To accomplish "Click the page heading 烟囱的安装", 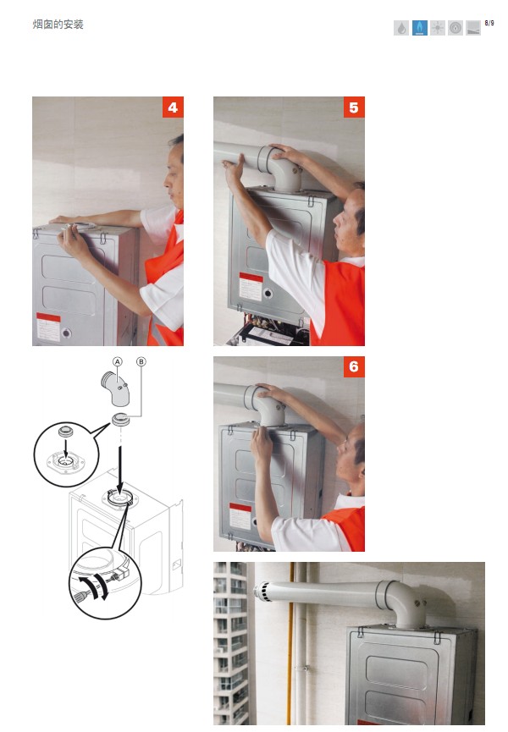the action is point(58,25).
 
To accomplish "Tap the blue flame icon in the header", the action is point(419,28).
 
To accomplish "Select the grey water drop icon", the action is point(401,28).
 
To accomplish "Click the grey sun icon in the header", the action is point(438,28).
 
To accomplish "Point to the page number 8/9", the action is point(489,23).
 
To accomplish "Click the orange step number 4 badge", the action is point(173,107).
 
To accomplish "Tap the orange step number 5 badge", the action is point(354,107).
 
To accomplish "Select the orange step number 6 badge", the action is point(354,367).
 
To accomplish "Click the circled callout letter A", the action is point(117,362).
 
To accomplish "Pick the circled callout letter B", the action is point(141,362).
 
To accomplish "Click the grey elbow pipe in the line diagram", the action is point(116,389).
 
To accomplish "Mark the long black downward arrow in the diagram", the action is point(120,471).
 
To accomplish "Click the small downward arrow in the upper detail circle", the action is point(66,449).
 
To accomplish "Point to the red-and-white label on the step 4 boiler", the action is point(48,327).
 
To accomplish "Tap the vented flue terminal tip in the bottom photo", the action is point(262,592).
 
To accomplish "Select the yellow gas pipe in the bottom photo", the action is point(291,643).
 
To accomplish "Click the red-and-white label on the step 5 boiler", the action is point(251,287).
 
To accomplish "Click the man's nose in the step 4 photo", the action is point(166,183).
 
